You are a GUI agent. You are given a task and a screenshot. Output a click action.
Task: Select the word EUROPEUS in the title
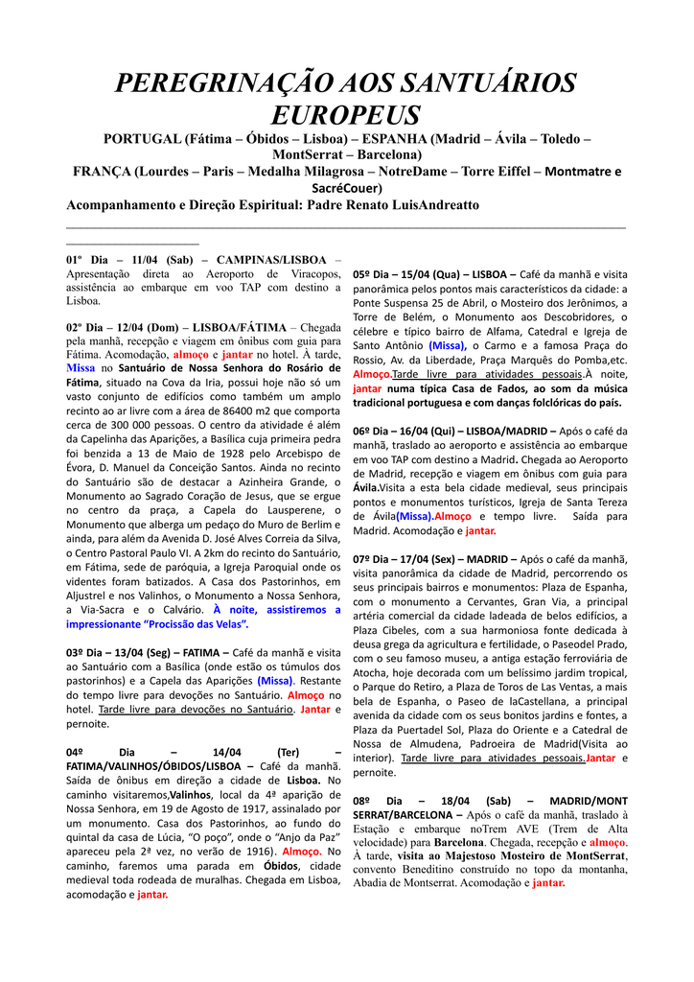coord(346,115)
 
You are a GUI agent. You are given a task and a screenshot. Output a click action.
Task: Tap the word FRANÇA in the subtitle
coord(101,172)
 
